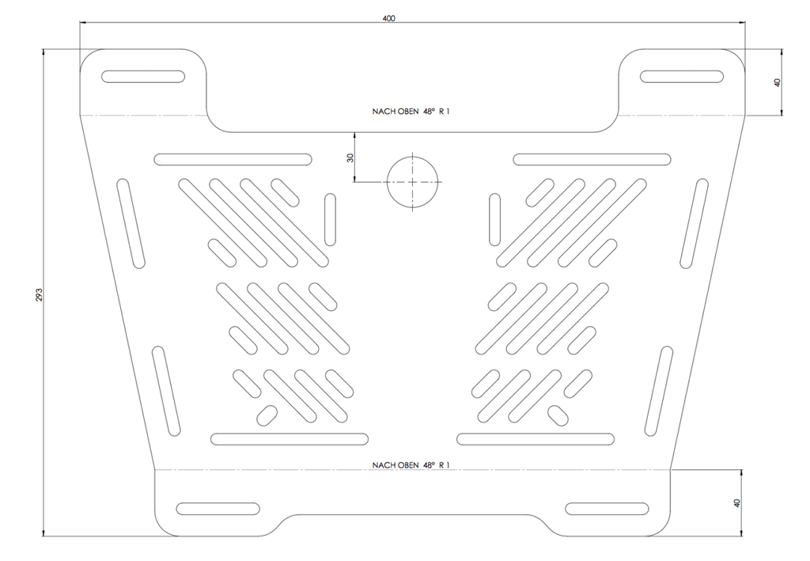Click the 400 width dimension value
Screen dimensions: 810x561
point(389,19)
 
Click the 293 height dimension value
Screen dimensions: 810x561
point(39,294)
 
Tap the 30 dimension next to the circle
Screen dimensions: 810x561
point(350,158)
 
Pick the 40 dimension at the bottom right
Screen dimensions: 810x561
point(737,502)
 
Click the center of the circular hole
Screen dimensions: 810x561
point(412,182)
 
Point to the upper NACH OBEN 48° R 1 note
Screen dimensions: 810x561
point(411,111)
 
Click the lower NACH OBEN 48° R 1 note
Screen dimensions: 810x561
point(411,465)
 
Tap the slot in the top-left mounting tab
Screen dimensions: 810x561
point(143,77)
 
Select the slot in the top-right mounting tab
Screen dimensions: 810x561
point(681,77)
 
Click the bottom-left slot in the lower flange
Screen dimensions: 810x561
point(218,508)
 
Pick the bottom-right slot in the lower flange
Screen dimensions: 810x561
point(607,508)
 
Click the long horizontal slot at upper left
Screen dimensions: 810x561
point(233,159)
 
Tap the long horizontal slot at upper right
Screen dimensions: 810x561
point(592,159)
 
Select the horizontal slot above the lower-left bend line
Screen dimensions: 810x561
point(290,439)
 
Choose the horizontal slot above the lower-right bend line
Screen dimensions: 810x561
point(536,439)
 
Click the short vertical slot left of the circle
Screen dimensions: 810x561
point(330,219)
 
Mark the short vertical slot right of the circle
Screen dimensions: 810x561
point(495,219)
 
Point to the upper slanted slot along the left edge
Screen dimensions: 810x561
point(131,224)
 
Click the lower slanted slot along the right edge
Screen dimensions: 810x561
point(659,391)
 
